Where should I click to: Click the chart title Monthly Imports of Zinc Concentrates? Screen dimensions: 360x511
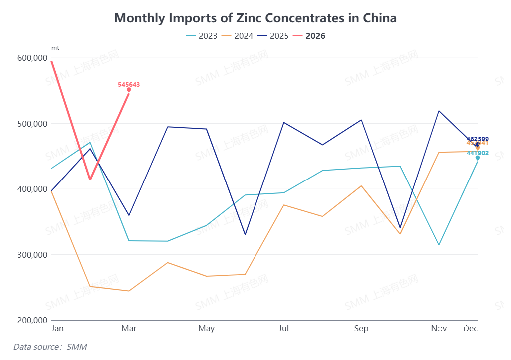click(x=255, y=18)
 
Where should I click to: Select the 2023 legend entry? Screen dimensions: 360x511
click(x=202, y=36)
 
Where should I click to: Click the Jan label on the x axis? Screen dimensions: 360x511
click(x=57, y=329)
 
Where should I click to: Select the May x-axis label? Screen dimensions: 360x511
click(x=206, y=329)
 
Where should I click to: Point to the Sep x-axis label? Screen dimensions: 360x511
click(x=361, y=329)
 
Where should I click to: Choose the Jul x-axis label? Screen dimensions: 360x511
click(x=284, y=329)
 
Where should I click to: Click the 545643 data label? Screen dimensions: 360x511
click(x=129, y=85)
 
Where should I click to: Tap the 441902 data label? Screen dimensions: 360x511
click(x=478, y=153)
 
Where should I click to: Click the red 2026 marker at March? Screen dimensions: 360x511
click(x=129, y=90)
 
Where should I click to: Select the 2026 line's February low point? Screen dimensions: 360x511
click(x=90, y=179)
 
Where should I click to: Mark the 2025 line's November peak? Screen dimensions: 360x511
click(x=439, y=111)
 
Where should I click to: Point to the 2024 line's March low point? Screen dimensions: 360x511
click(x=129, y=291)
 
